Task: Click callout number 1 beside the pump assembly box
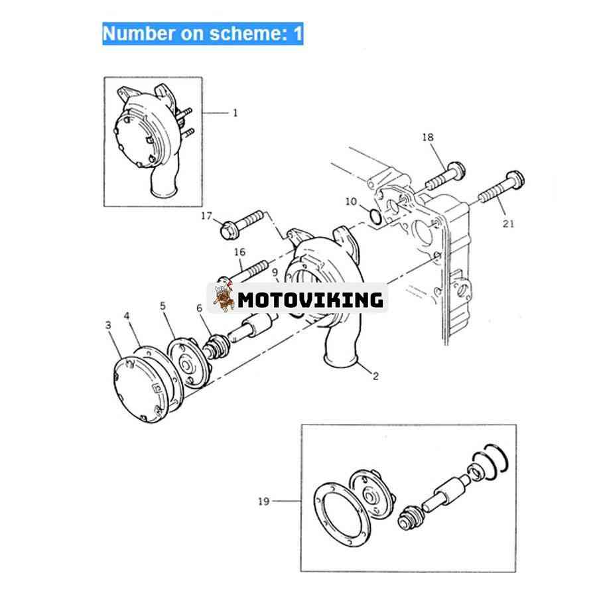coord(235,113)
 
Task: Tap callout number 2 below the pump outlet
coord(375,376)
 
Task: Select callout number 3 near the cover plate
coord(109,325)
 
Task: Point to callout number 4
coord(127,316)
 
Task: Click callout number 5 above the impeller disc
coord(163,306)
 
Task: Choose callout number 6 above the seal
coord(199,308)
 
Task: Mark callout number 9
coord(275,273)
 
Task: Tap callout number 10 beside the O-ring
coord(351,201)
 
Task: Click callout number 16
coord(239,251)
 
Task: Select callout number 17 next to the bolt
coord(206,216)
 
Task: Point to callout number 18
coord(428,137)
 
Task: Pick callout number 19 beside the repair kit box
coord(263,501)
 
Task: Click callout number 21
coord(508,224)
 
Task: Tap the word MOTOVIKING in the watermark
coord(310,300)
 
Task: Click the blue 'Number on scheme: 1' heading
coord(203,34)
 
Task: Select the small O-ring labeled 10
coord(375,216)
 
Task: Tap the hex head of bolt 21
coord(516,180)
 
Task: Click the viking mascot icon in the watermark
coord(223,297)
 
